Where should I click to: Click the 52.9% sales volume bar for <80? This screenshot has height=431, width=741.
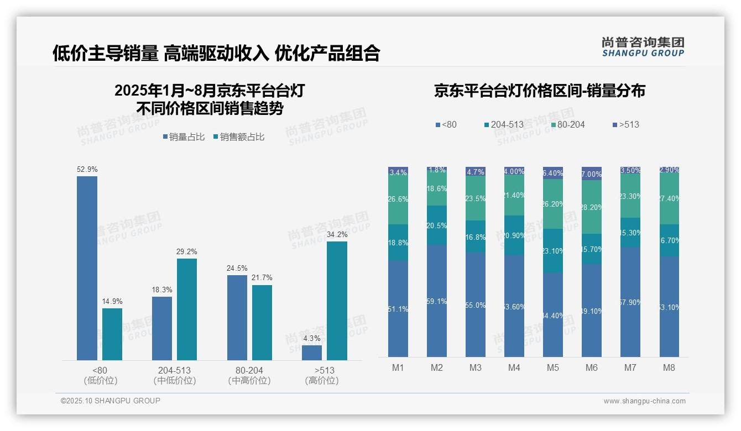tap(87, 268)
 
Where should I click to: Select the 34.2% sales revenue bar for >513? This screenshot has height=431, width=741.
tap(337, 301)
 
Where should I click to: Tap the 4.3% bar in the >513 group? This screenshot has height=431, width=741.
tap(312, 353)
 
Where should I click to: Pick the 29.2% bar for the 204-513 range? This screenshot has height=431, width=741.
tap(187, 309)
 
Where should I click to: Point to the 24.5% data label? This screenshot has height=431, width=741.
tap(237, 268)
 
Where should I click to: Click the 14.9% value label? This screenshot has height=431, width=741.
tap(112, 301)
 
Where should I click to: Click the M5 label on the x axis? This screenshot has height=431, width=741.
tap(552, 367)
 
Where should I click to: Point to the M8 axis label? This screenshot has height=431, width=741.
tap(669, 367)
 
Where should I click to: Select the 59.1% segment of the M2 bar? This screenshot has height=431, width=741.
tap(437, 301)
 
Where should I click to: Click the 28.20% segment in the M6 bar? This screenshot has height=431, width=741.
tap(592, 207)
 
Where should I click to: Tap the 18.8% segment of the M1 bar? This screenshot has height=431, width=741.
tap(398, 243)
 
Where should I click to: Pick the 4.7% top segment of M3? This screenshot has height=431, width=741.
tap(476, 171)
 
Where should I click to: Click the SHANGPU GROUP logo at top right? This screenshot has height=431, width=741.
tap(643, 47)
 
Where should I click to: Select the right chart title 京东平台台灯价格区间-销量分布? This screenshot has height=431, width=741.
tap(539, 91)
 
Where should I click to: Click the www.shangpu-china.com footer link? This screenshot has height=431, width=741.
tap(644, 401)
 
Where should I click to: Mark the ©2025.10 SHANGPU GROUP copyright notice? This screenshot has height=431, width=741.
tap(111, 401)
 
